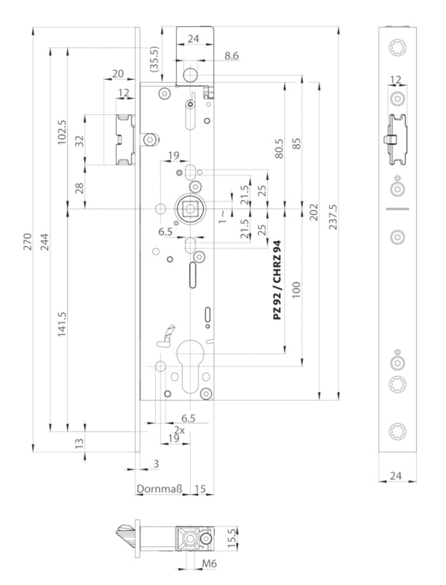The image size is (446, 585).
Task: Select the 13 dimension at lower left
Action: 79,442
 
